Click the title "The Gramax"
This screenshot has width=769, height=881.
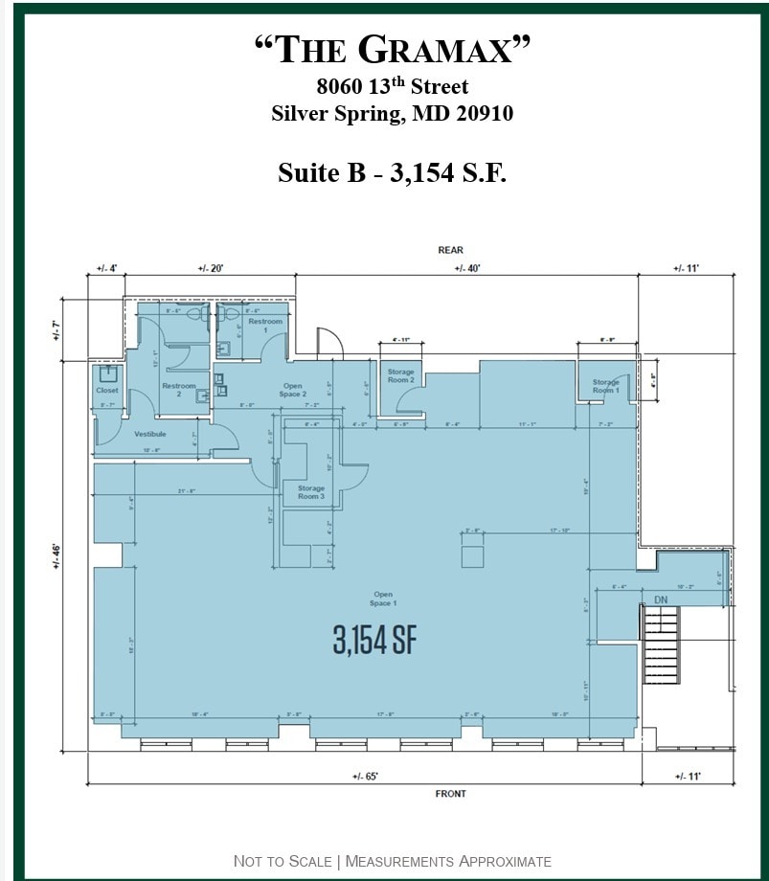(x=392, y=50)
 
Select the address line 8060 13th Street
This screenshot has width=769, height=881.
(x=392, y=88)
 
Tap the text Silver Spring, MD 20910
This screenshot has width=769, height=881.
(x=392, y=114)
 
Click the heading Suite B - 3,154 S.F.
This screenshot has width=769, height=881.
(x=392, y=172)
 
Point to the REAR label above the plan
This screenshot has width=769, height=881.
(x=450, y=250)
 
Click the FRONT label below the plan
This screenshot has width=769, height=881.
(x=450, y=794)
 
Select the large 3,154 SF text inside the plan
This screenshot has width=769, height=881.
(x=375, y=640)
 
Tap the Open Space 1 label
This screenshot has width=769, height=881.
(x=382, y=599)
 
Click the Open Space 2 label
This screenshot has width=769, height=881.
(x=292, y=390)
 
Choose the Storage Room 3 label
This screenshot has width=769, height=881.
(x=310, y=492)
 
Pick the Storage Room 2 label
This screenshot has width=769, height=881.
(x=401, y=375)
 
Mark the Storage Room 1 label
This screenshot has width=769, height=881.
(x=605, y=386)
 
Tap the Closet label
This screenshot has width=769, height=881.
(x=107, y=391)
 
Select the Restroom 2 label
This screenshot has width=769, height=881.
(x=178, y=390)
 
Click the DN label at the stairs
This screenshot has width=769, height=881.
(x=660, y=599)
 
